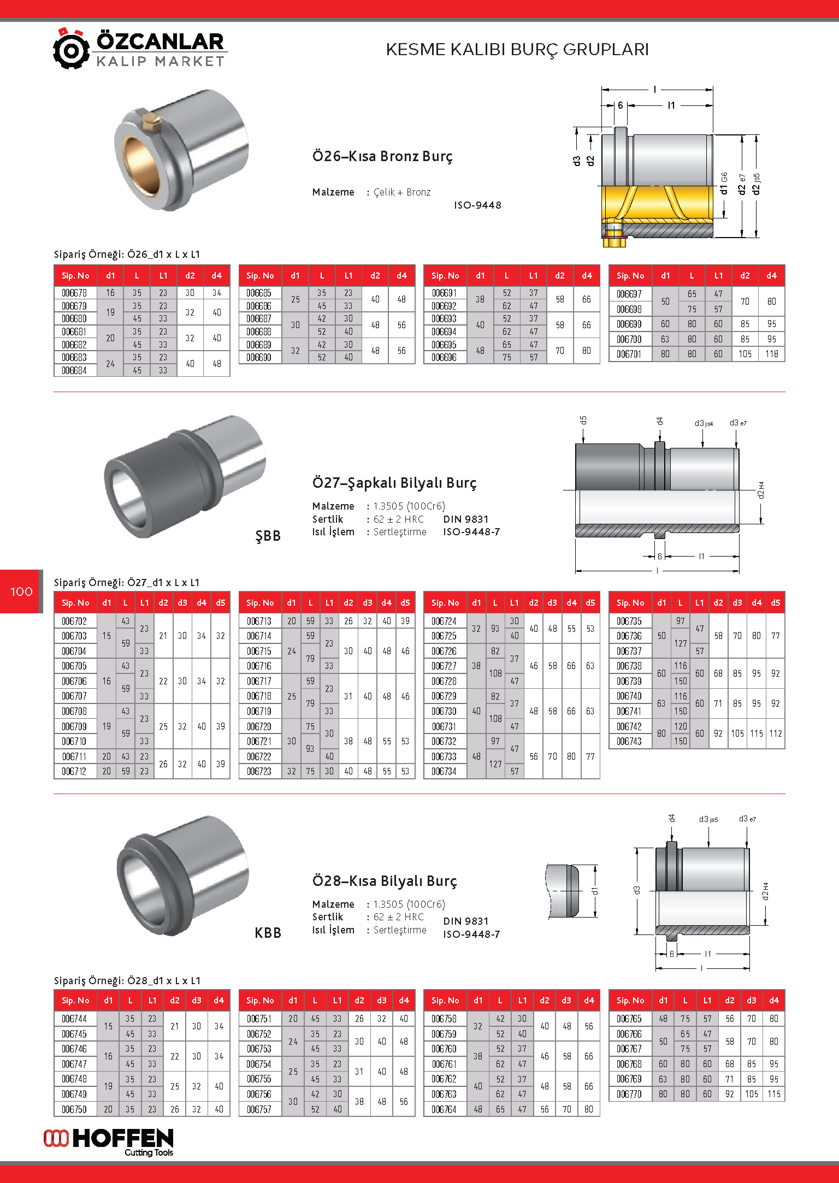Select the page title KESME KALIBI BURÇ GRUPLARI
point(517,50)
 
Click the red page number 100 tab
point(21,591)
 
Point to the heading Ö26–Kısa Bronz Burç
point(382,156)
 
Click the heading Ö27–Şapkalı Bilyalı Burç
point(394,483)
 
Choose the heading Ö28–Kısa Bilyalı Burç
point(385,881)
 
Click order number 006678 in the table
point(74,293)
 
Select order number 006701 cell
point(629,354)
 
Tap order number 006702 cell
point(74,621)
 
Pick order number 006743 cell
point(629,741)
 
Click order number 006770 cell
point(629,1094)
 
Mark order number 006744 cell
point(74,1019)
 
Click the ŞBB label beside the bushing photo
point(268,536)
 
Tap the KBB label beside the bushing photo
point(268,933)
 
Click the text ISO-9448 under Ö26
point(477,205)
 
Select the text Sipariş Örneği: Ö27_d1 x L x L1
point(127,582)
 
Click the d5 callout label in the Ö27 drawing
point(583,420)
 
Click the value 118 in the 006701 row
point(771,354)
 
